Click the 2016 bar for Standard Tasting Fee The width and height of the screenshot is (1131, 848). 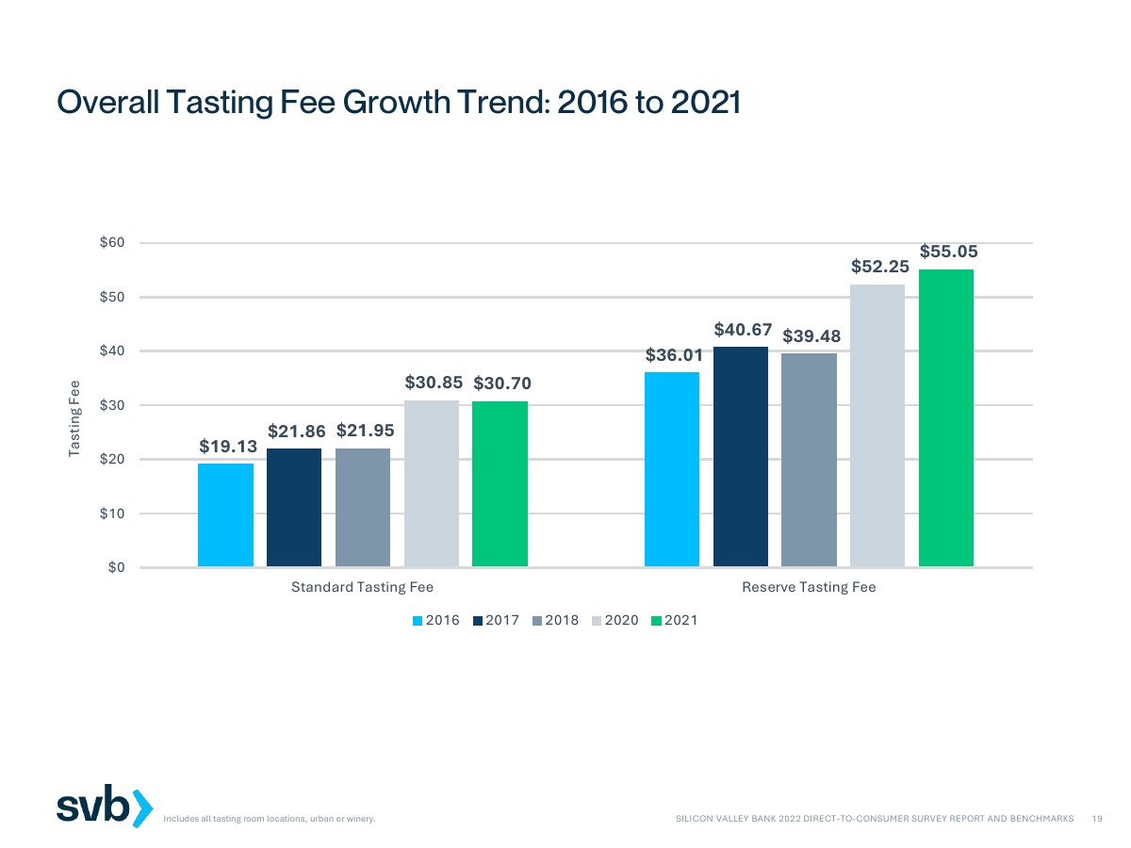(225, 514)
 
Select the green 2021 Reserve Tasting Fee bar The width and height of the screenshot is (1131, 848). (946, 418)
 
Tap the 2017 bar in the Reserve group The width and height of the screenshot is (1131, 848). (740, 457)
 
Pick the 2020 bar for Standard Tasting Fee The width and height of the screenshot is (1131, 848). (432, 483)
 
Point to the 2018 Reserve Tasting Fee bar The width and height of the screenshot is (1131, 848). (809, 460)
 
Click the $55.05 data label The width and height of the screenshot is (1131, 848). (948, 252)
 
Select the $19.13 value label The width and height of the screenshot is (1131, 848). (227, 446)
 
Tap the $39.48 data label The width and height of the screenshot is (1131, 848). (811, 336)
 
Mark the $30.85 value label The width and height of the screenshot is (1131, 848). (434, 383)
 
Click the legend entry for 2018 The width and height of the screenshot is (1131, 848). (555, 620)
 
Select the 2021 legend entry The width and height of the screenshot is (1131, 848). (674, 620)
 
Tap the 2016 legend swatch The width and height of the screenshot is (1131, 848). (418, 620)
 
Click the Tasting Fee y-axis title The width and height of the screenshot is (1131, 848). (75, 419)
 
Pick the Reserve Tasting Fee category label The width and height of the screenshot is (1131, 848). (809, 588)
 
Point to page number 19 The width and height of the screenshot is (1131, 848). (1097, 820)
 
